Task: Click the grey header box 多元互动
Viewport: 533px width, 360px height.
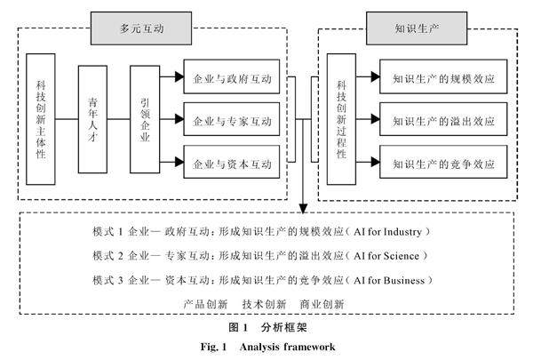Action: (141, 28)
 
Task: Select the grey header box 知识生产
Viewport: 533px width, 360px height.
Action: (417, 28)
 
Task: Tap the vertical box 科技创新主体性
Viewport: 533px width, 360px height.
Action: (41, 119)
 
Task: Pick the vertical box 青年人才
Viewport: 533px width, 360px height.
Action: (92, 119)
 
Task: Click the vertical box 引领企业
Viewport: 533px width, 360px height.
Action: (145, 119)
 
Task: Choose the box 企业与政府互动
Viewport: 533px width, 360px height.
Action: (232, 76)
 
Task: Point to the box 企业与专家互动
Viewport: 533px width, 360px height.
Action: (232, 119)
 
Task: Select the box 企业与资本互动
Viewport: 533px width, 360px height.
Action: (232, 162)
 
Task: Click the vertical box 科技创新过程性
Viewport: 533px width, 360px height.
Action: (341, 119)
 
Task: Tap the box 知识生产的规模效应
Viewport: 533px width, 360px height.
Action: (443, 76)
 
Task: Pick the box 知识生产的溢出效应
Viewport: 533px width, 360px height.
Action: (443, 119)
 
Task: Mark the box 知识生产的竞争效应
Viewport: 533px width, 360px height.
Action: (443, 162)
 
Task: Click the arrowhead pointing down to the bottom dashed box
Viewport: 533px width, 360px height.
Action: (303, 209)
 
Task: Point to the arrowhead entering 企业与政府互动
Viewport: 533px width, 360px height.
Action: (179, 76)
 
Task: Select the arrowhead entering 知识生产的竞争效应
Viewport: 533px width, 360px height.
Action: (375, 162)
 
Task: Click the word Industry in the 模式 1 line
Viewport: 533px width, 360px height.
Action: (402, 232)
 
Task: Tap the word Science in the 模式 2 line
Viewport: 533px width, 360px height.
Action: (402, 256)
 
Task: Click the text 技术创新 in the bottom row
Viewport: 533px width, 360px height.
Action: (264, 304)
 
